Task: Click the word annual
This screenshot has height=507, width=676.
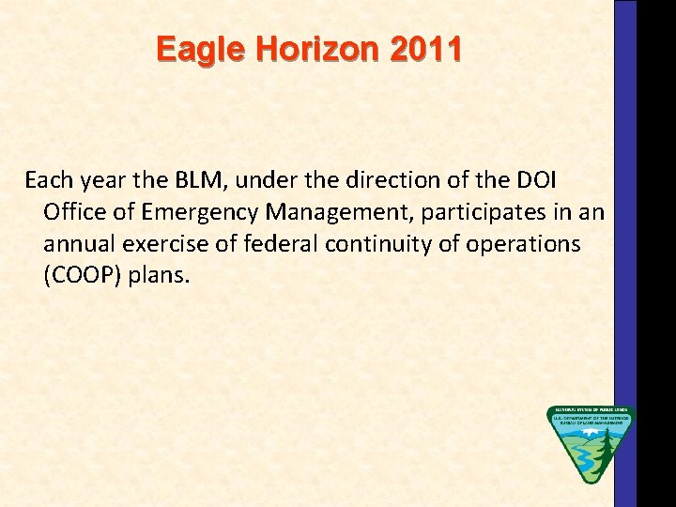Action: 76,243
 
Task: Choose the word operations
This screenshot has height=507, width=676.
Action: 521,243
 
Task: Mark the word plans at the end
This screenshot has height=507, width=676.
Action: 165,276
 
